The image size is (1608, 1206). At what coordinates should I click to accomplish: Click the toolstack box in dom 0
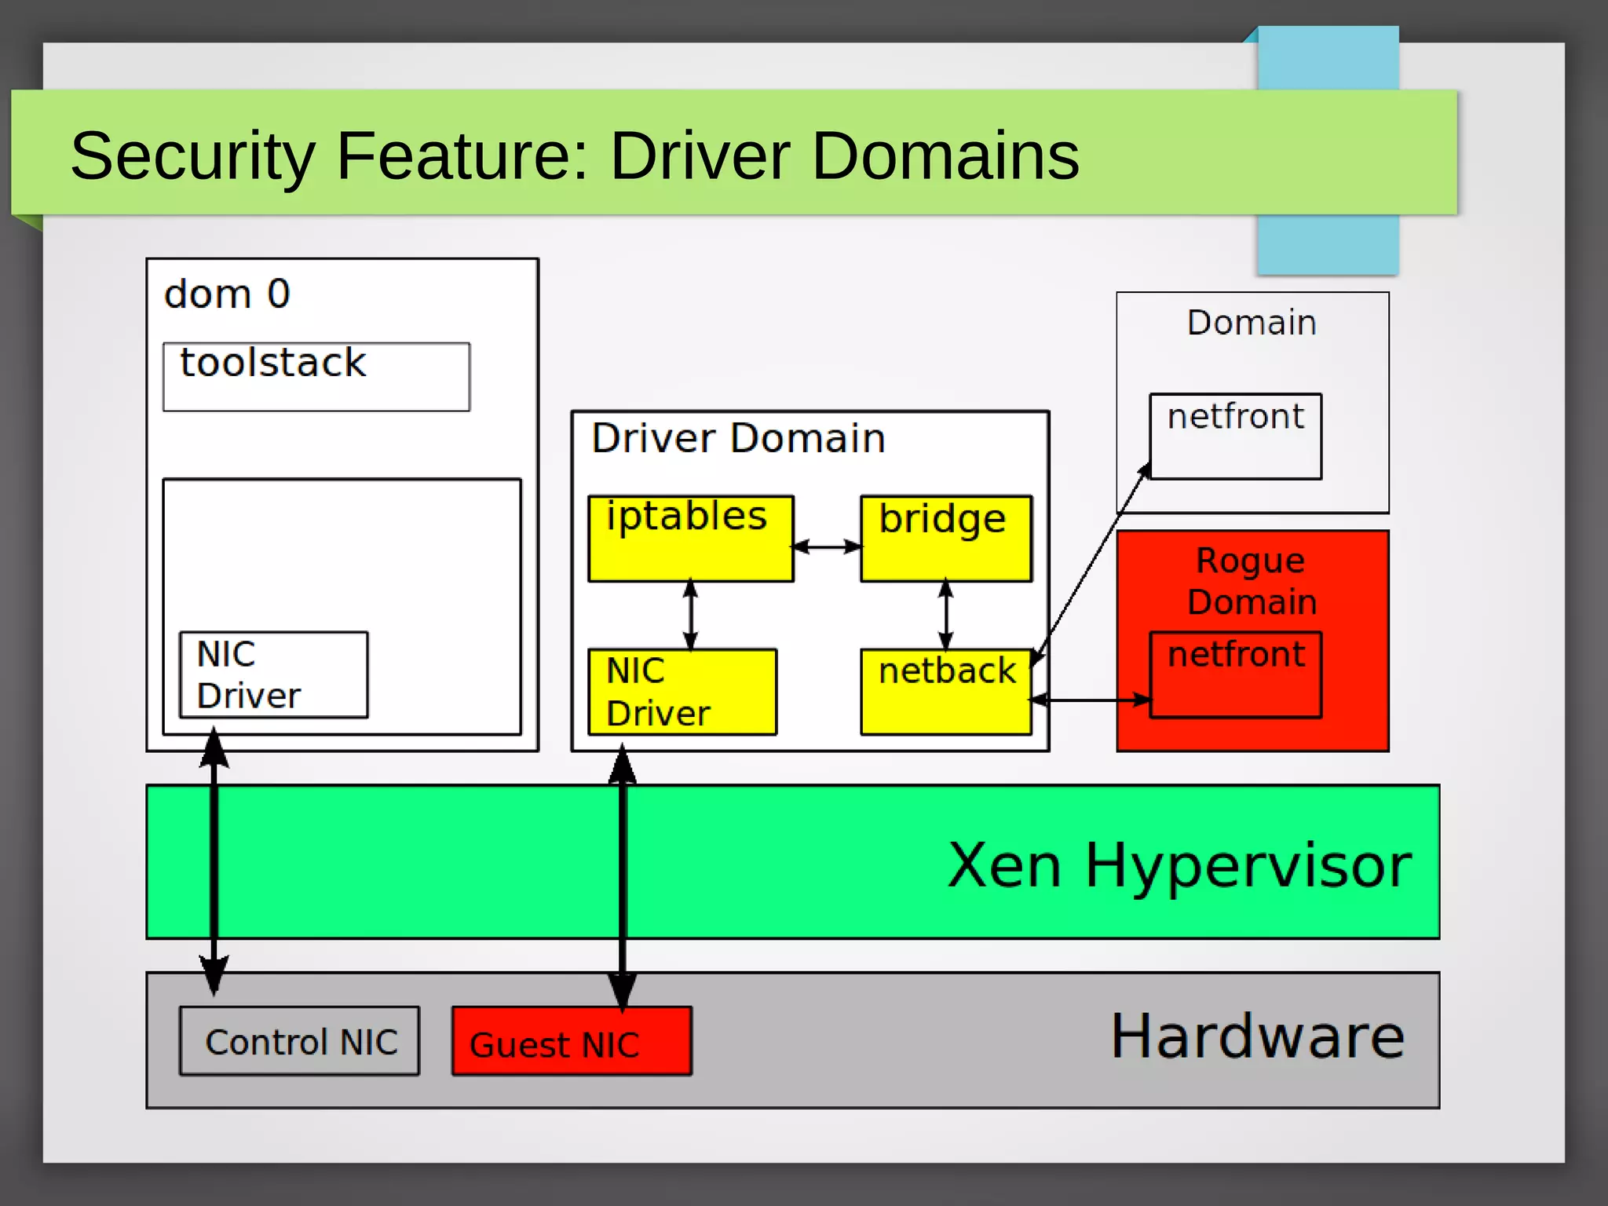316,376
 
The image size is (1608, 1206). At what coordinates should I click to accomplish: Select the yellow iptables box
690,539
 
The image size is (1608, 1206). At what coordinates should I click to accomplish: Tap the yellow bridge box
945,539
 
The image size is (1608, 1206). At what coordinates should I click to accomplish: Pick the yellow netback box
945,692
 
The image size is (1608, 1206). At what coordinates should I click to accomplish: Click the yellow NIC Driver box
682,692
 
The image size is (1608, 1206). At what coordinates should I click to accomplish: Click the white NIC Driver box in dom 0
273,674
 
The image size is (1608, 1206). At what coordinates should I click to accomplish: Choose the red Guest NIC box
572,1041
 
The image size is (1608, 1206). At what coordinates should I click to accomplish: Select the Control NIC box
299,1041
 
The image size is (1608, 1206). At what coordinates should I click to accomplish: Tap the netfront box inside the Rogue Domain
1235,674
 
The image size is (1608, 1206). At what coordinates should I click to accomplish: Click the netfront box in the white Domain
1235,436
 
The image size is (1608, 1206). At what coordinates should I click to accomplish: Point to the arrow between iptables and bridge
827,546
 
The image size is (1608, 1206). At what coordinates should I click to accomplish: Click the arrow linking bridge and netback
946,615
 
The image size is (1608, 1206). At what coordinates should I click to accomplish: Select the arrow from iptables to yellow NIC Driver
691,615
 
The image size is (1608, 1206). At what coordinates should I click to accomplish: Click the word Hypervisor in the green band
1248,865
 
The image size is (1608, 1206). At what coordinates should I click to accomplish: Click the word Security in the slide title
192,155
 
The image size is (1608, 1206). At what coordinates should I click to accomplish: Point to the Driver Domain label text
738,438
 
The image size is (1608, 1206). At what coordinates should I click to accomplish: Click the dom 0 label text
227,294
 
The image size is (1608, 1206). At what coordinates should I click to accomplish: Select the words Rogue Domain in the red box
1252,581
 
